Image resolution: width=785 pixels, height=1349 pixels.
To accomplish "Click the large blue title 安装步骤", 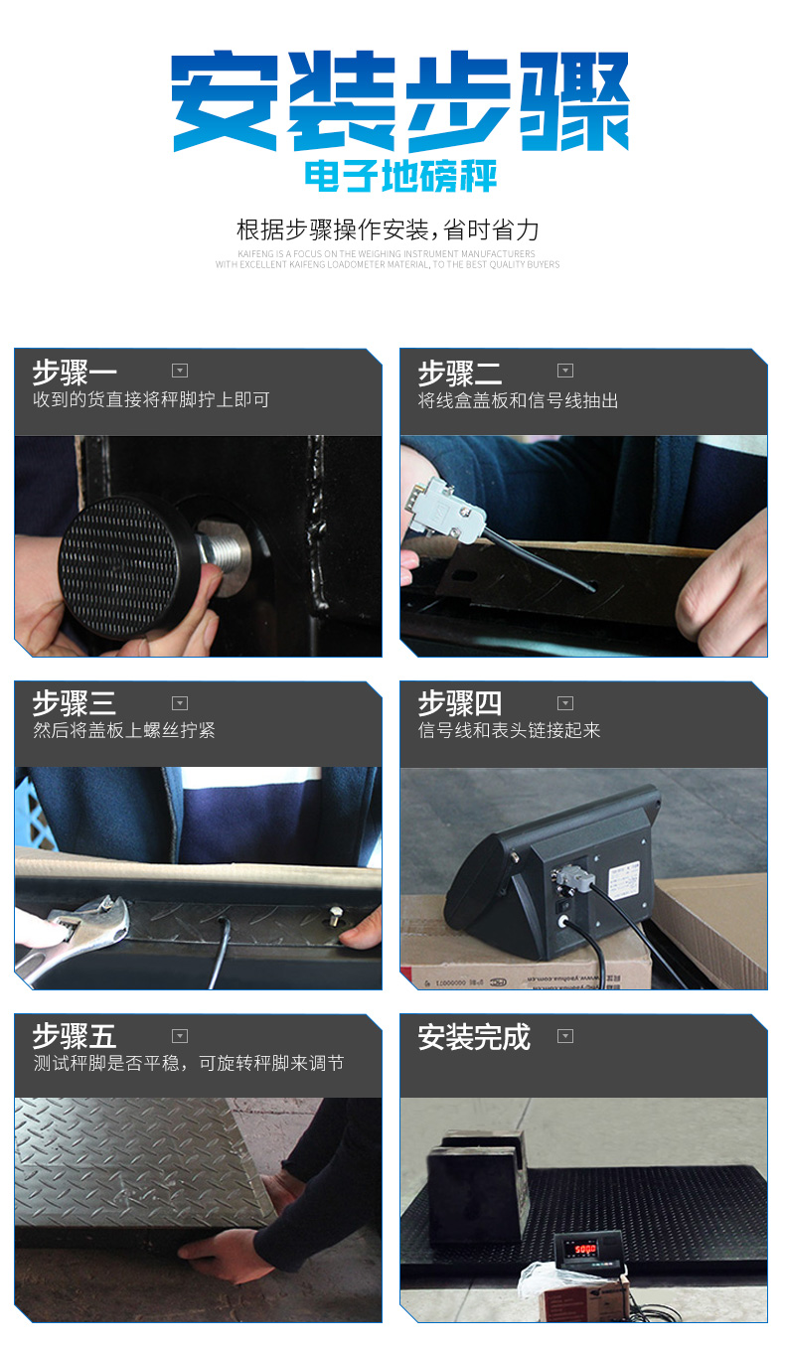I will [400, 101].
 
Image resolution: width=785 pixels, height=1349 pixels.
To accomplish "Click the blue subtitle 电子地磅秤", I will [400, 177].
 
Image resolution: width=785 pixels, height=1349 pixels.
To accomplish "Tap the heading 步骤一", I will [75, 373].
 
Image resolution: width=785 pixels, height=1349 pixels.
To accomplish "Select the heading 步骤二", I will [460, 373].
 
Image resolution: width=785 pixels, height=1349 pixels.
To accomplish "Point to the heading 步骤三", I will [75, 703].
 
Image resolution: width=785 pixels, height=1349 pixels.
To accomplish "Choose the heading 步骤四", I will [460, 703].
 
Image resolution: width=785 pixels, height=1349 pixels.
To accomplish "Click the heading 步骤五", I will [75, 1036].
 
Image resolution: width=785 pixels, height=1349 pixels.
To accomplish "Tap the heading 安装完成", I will [474, 1037].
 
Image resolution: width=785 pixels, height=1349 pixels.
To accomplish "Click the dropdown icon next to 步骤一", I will [180, 371].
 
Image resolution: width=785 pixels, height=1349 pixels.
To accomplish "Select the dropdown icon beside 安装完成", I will [565, 1036].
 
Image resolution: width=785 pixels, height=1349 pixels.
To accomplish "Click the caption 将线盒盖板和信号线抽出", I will [518, 400].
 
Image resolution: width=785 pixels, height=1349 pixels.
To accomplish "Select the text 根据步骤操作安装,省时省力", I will [388, 230].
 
